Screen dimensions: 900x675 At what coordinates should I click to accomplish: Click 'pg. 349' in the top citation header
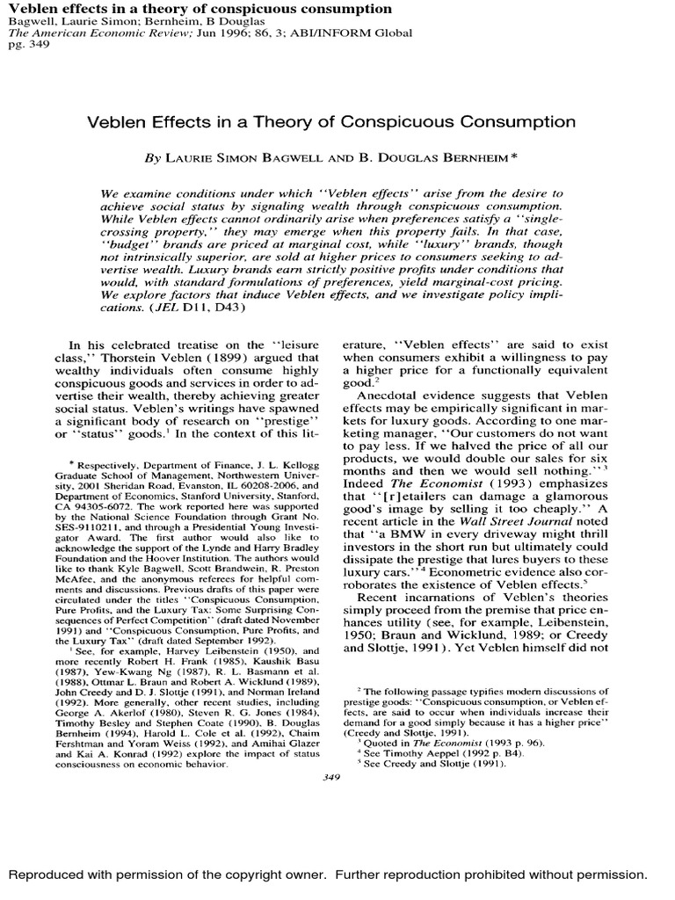coord(25,45)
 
